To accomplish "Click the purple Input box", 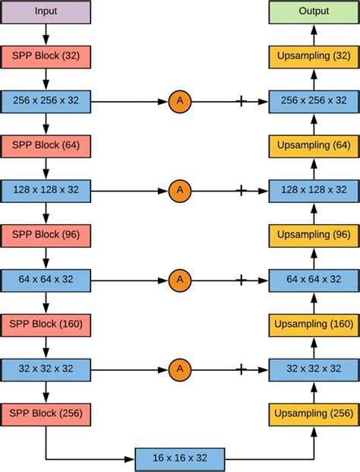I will tap(46, 11).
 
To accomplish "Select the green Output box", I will tap(314, 11).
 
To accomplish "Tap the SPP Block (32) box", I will tap(46, 56).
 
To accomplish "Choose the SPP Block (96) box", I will tap(46, 235).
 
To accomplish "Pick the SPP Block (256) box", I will tap(46, 414).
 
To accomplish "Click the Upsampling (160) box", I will tap(314, 325).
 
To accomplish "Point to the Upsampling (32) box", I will tap(314, 56).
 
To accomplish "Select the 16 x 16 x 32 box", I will tap(180, 458).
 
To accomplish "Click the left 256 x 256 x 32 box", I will tap(46, 100).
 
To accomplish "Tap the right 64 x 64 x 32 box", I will tap(314, 280).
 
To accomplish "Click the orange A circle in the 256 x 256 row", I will tap(180, 100).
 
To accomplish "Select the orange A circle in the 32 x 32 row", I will tap(180, 369).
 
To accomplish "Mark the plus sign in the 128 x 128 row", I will tap(242, 190).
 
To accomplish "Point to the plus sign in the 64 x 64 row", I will tap(242, 280).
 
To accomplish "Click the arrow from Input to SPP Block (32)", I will tap(46, 33).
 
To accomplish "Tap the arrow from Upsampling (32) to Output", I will tap(314, 33).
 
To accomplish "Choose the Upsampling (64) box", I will tap(314, 145).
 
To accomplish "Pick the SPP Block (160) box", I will tap(46, 325).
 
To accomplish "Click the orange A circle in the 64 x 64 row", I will tap(180, 280).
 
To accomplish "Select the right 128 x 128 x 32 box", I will tap(314, 190).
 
